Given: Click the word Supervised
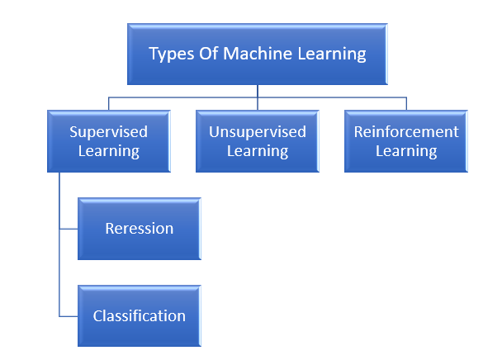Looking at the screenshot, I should click(x=108, y=132).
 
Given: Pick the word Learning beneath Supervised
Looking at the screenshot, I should click(x=108, y=151).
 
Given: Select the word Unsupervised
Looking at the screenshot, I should click(x=257, y=132).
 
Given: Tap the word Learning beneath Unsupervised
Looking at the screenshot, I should click(x=257, y=151).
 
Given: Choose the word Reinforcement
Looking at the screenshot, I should click(x=405, y=132).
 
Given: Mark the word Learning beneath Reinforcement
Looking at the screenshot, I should click(x=405, y=151).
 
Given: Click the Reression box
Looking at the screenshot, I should click(x=139, y=229).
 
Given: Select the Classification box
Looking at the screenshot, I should click(x=139, y=315).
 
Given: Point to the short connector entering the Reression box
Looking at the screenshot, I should click(x=69, y=229).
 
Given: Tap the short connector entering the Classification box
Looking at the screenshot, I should click(x=69, y=315).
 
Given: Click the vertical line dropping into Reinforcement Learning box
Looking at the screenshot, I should click(x=406, y=104).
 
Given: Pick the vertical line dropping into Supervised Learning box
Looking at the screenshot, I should click(x=108, y=104).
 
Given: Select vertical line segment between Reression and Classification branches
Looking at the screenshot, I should click(x=59, y=272).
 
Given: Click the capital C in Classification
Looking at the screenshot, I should click(x=97, y=315).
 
